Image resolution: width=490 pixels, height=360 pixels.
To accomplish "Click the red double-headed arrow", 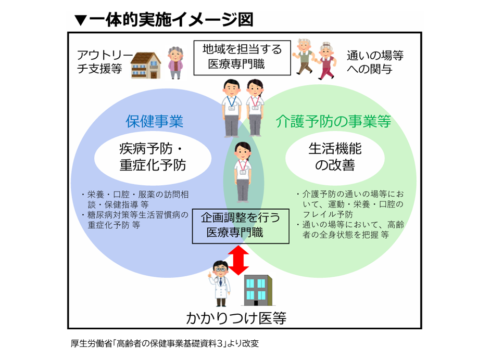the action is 238,260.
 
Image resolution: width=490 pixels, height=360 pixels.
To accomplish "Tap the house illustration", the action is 145,65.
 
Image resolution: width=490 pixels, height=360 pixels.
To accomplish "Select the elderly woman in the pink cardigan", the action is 175,62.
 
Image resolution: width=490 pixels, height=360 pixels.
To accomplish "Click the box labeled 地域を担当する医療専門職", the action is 242,58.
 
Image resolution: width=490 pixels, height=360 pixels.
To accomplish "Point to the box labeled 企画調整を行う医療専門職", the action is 240,226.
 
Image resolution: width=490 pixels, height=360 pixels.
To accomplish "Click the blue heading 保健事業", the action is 154,121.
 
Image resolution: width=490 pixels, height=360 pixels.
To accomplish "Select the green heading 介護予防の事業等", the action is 333,121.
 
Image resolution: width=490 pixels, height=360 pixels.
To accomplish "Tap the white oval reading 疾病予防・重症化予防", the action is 153,158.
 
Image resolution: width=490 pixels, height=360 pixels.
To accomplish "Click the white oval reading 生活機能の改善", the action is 335,158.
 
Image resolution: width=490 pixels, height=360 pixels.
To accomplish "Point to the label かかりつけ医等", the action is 236,318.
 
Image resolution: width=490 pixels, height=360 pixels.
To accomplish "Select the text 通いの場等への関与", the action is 375,62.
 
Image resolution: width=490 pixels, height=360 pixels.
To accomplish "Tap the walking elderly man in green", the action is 304,57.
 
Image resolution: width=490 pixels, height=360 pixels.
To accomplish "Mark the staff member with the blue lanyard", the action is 231,108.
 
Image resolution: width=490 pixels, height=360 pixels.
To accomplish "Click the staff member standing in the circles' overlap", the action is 243,172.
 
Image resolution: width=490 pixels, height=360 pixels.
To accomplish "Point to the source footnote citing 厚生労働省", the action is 165,343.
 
